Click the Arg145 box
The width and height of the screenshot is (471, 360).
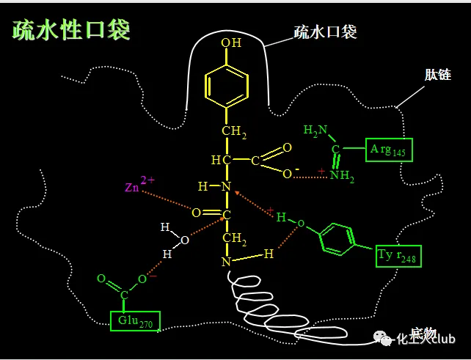tap(390, 150)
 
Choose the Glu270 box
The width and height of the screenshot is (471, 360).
tap(135, 320)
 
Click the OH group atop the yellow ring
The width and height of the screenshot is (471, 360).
tap(231, 43)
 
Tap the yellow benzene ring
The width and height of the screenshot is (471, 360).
tap(227, 83)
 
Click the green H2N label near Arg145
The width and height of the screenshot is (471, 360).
tap(315, 131)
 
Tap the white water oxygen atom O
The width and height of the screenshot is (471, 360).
tap(185, 239)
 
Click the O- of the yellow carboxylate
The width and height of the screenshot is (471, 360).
tap(288, 172)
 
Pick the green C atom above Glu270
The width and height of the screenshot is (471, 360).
tap(124, 295)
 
